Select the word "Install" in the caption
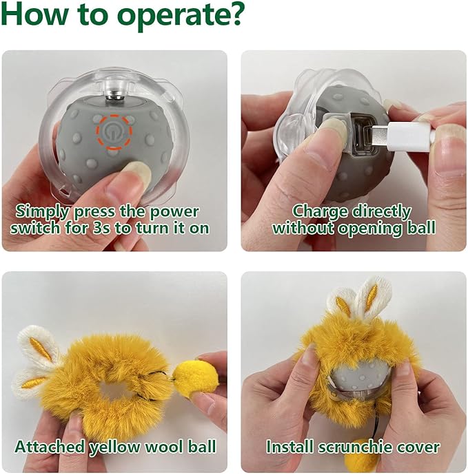point(290,447)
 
